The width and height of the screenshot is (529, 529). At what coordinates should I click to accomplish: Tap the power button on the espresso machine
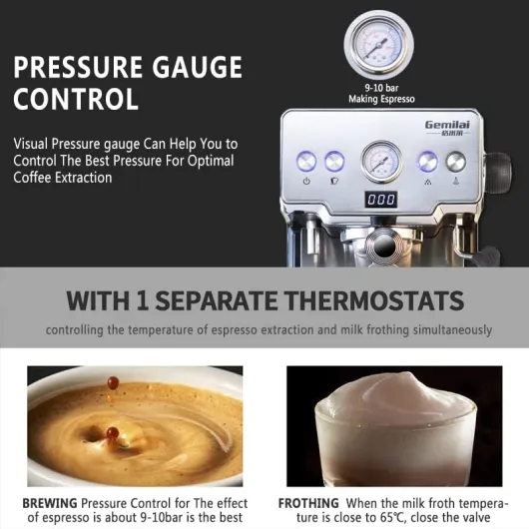[x=306, y=161]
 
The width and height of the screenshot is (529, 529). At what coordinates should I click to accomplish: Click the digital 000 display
[x=381, y=200]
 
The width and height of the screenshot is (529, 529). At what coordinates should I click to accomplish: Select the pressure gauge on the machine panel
[x=381, y=162]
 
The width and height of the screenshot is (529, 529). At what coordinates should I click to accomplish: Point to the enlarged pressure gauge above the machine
[x=378, y=45]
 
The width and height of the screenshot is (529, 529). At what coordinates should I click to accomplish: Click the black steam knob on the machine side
[x=498, y=168]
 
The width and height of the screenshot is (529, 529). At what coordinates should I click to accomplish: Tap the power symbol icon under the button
[x=306, y=182]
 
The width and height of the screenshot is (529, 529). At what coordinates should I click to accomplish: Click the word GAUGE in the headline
[x=197, y=67]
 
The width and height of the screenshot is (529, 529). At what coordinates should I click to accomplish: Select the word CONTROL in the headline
[x=76, y=98]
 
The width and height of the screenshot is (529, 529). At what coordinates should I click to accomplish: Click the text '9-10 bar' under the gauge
[x=381, y=88]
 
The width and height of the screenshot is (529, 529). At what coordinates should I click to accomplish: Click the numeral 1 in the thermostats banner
[x=143, y=300]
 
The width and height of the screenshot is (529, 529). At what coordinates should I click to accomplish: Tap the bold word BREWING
[x=50, y=503]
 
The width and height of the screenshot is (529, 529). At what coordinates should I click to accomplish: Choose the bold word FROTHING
[x=308, y=503]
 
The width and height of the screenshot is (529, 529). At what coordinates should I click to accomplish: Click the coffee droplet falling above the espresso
[x=113, y=383]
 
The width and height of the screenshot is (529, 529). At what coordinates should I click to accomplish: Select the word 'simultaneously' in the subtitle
[x=452, y=330]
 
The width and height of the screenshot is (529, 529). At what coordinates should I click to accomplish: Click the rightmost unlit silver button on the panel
[x=456, y=162]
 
